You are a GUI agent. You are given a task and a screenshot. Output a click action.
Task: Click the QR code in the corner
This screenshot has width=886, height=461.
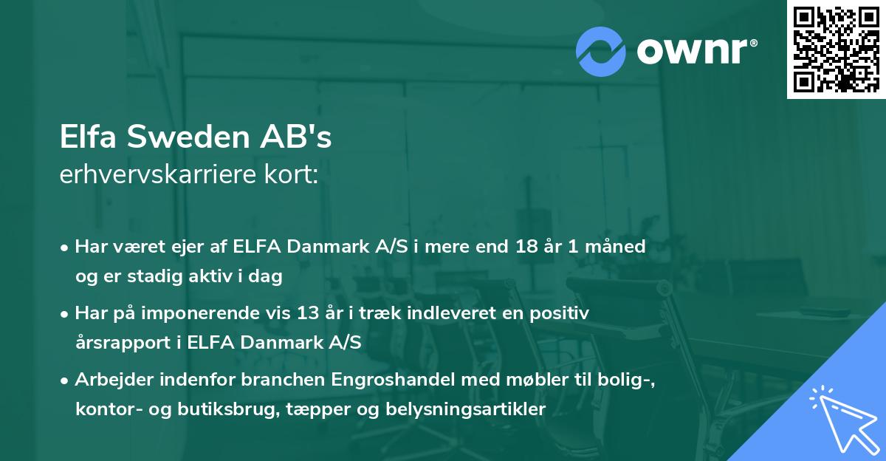point(836,49)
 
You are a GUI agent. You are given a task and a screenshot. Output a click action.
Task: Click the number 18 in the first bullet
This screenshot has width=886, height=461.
point(527,247)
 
